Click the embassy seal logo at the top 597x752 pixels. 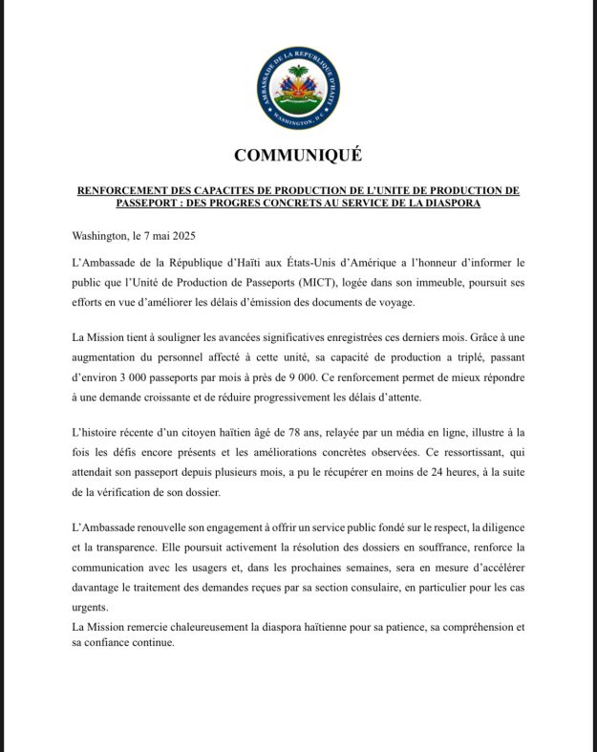point(298,88)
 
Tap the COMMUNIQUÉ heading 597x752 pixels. point(298,156)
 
